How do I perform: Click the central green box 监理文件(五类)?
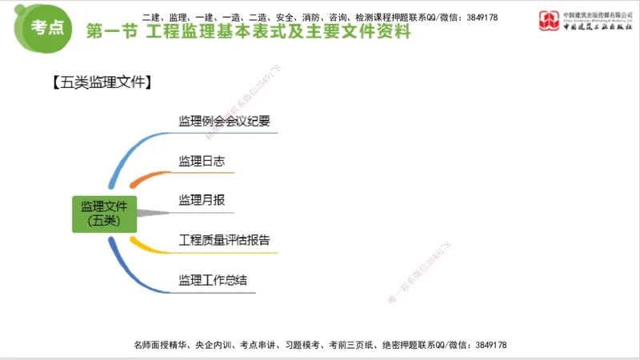[105, 214]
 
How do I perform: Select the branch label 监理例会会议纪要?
[224, 122]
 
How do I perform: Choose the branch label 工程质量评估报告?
[224, 239]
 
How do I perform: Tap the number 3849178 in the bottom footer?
[490, 345]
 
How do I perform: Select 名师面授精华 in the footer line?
[160, 345]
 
